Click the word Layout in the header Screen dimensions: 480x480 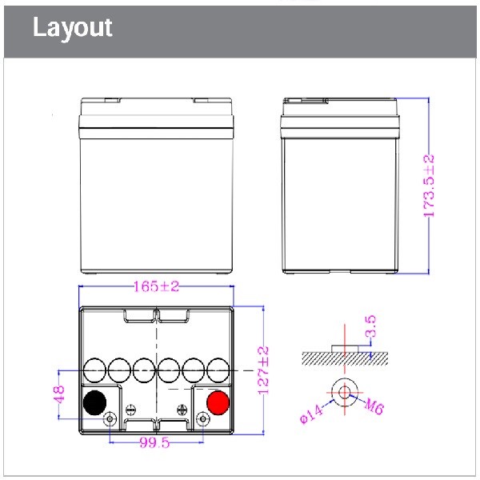pos(73,28)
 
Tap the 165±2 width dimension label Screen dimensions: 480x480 pos(157,286)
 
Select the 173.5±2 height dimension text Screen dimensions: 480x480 pos(429,186)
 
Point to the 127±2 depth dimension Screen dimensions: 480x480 pos(263,370)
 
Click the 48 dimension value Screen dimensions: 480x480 pos(59,394)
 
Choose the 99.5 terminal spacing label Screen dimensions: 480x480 pos(154,442)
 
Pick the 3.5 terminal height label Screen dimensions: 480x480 pos(370,326)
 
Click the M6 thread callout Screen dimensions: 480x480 pos(374,407)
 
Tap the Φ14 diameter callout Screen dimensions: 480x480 pos(311,414)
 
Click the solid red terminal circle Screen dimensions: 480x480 pos(218,402)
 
